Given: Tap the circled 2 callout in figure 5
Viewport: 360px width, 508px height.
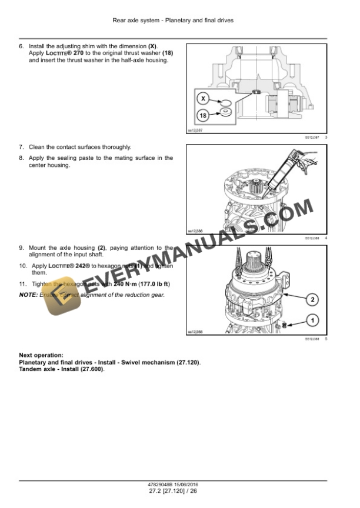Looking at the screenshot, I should click(x=312, y=300).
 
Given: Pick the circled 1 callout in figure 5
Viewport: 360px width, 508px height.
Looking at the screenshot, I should click(x=312, y=320).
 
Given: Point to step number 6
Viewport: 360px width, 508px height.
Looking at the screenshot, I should click(x=22, y=46).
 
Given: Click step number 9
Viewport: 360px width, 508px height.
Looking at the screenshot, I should click(x=22, y=248).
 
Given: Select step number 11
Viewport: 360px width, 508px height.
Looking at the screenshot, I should click(x=22, y=284).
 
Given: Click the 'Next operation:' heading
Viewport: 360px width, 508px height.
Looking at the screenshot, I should click(x=41, y=355).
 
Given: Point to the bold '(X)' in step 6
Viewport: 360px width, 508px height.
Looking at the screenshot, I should click(x=152, y=46).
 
